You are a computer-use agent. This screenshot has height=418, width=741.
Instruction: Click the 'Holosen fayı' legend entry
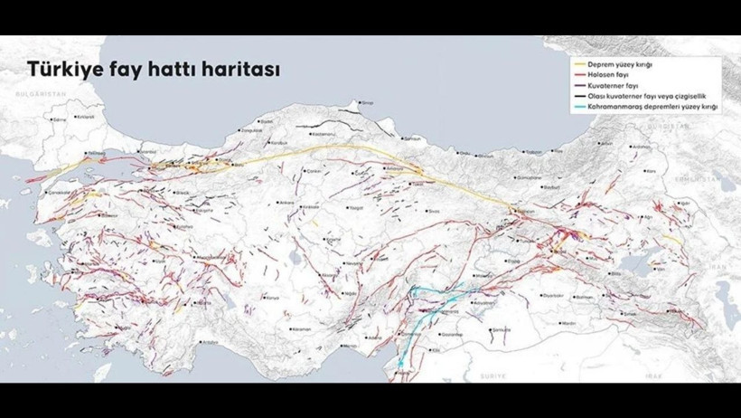pyautogui.click(x=615, y=76)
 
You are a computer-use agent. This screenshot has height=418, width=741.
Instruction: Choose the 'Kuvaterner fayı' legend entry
pyautogui.click(x=619, y=86)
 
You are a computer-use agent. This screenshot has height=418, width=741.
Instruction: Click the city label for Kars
pyautogui.click(x=644, y=170)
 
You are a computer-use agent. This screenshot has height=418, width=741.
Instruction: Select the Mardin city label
pyautogui.click(x=569, y=322)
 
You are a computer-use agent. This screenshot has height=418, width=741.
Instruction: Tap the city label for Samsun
pyautogui.click(x=414, y=138)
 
